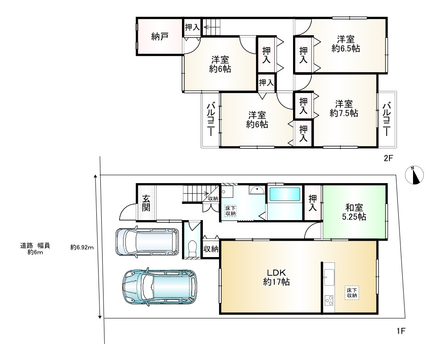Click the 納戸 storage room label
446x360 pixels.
point(160,37)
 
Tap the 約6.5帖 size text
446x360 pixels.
point(346,49)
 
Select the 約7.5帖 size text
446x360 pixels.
point(343,113)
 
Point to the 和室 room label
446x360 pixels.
point(354,208)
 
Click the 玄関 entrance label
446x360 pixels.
point(146,203)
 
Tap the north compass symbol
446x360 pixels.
point(414,175)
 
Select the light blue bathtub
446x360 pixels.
point(285,194)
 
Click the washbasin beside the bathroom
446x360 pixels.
point(257,190)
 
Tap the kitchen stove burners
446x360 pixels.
point(329,300)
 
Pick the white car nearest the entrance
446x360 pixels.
point(147,241)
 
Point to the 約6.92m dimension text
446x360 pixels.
point(82,247)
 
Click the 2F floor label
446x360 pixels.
point(388,158)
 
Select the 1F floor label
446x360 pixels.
point(401,331)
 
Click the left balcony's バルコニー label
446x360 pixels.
point(211,119)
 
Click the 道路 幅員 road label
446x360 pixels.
point(35,246)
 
